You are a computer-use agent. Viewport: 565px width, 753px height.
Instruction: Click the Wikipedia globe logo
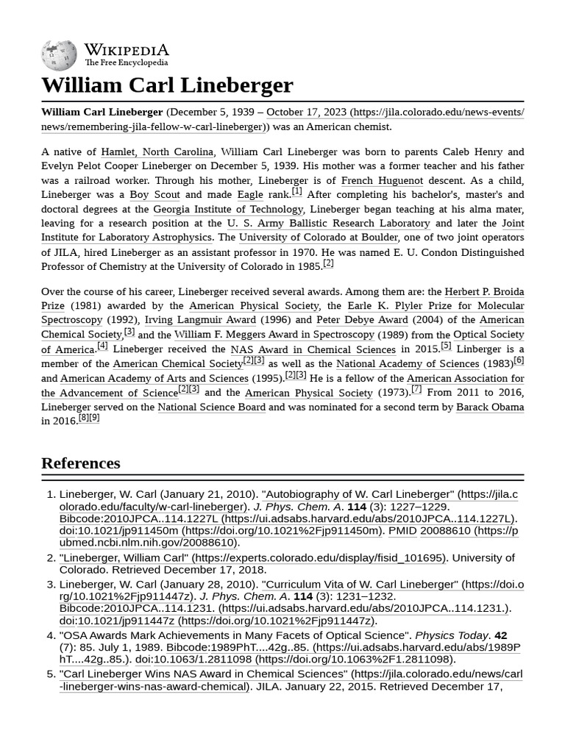[59, 55]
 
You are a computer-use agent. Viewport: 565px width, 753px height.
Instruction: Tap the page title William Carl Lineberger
[167, 85]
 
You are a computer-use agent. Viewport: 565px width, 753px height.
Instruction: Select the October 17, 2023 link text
[306, 113]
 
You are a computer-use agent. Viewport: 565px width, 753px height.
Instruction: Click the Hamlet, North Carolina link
[157, 151]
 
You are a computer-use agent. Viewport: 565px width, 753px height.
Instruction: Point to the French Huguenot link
[383, 180]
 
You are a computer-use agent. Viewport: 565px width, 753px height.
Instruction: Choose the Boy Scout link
[154, 195]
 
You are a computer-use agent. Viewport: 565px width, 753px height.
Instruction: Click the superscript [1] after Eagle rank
[296, 192]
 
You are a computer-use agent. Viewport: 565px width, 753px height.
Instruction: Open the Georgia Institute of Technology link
[228, 209]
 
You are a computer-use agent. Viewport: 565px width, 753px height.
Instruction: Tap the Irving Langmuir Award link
[200, 320]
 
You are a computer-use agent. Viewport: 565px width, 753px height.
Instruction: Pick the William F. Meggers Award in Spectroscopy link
[274, 335]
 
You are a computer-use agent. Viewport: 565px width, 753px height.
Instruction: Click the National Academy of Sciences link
[408, 364]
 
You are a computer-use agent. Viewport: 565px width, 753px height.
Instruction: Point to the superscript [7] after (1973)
[416, 390]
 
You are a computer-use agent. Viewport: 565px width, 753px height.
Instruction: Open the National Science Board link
[211, 407]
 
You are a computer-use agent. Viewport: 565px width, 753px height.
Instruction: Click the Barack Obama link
[490, 407]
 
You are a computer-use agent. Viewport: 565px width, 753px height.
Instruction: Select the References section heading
[81, 463]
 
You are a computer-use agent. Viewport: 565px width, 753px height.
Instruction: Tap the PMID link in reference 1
[403, 531]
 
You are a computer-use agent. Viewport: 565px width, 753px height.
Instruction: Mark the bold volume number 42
[500, 635]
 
